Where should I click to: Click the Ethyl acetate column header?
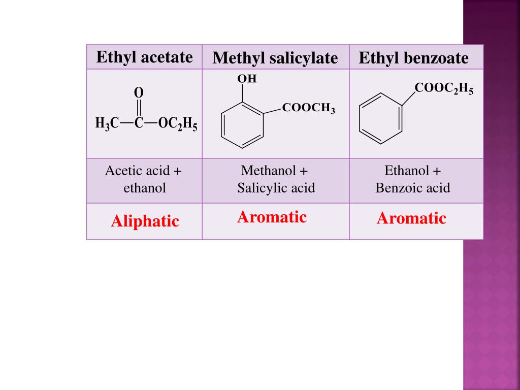(x=144, y=57)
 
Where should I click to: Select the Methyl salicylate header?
(x=275, y=58)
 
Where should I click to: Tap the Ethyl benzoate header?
(x=413, y=58)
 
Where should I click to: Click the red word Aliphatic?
(x=145, y=221)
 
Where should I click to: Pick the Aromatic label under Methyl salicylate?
(x=272, y=217)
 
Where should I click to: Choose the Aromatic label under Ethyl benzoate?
(x=411, y=218)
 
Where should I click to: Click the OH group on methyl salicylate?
(x=247, y=79)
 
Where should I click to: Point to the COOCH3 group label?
(x=308, y=108)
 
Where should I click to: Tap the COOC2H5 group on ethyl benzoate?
(x=444, y=88)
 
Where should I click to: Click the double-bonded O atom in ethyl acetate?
(x=139, y=93)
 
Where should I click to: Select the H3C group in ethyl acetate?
(x=107, y=123)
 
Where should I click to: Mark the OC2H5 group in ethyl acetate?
(x=178, y=124)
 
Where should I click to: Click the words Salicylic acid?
(x=276, y=188)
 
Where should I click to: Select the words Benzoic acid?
(x=412, y=188)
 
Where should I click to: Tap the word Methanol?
(x=268, y=171)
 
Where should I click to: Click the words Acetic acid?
(x=137, y=171)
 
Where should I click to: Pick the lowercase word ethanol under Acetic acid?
(x=145, y=188)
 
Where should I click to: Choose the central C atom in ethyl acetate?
(x=139, y=123)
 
